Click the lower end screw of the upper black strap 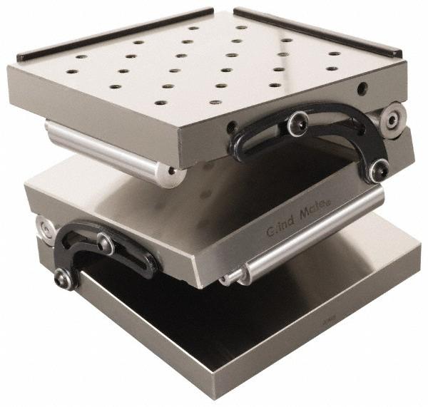[378, 170]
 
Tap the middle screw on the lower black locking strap [106, 243]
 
